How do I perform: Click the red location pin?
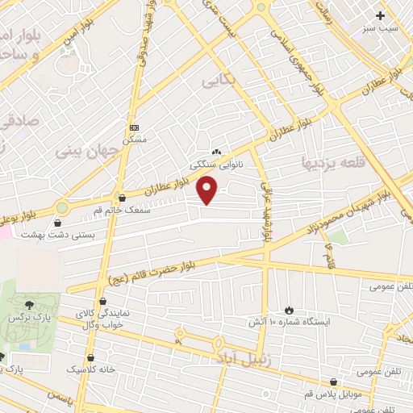coord(208,190)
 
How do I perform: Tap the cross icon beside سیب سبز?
coord(380,15)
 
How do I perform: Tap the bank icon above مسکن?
coord(134,127)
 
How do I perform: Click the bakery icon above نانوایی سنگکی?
coord(215,152)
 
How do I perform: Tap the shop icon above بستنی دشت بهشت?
coord(59,223)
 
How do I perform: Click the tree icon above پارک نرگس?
coord(30,304)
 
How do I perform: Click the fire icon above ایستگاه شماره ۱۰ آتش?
coord(290,310)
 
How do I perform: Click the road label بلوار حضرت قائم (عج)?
coord(161,271)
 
